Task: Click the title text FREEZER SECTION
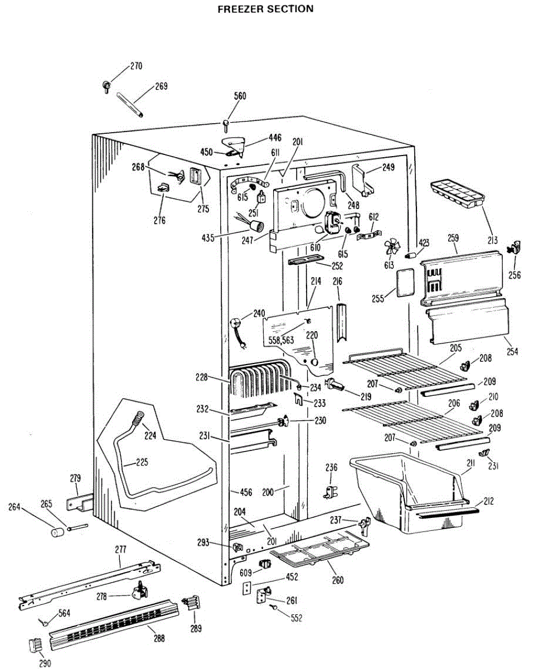[x=265, y=9]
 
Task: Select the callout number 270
[x=136, y=66]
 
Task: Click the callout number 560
[x=240, y=96]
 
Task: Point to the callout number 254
[x=512, y=351]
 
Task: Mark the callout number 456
[x=246, y=492]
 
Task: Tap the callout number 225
[x=142, y=462]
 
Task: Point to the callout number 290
[x=45, y=663]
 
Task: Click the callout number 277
[x=120, y=550]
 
